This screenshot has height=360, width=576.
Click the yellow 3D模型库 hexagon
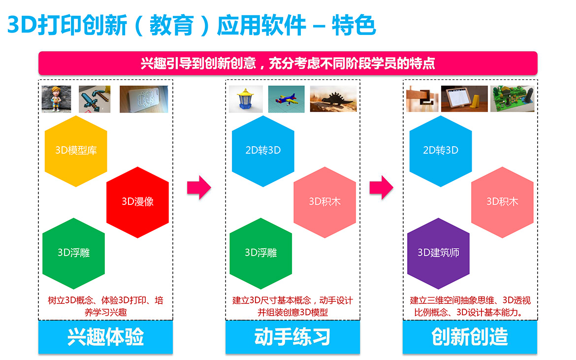point(76,151)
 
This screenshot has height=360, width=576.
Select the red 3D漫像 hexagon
point(137,202)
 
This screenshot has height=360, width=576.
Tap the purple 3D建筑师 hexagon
point(438,253)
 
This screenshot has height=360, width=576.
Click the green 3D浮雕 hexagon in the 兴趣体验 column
point(73,253)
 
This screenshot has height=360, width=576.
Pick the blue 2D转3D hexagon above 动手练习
point(263,151)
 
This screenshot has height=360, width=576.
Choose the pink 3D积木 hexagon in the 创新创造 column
point(502,202)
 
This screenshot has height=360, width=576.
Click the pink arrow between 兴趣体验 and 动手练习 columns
point(199,187)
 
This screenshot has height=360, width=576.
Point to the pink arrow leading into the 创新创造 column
point(382,187)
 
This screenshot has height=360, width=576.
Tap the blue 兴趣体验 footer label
point(105,337)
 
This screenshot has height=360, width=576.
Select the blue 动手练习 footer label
point(292,337)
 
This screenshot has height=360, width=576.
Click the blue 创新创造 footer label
point(470,337)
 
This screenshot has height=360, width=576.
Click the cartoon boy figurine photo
point(56,99)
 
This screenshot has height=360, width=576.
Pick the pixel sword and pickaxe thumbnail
point(95,99)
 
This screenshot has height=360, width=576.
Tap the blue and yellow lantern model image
point(246,99)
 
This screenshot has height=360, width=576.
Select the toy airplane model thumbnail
point(286,99)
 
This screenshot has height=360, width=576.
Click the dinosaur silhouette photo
point(333,99)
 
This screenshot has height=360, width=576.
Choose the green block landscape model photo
point(512,98)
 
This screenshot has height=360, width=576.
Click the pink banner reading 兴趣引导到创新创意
point(288,63)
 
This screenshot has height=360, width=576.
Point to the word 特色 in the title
point(354,25)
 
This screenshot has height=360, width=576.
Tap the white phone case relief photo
point(144,99)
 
